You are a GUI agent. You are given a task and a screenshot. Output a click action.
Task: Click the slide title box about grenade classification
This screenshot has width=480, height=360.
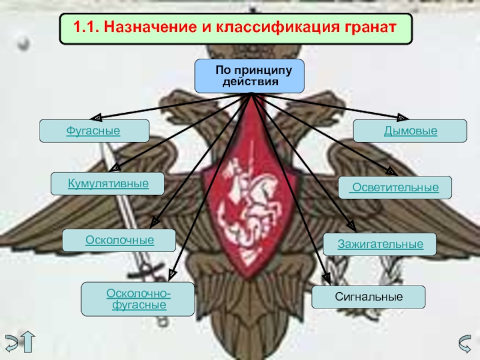(236, 28)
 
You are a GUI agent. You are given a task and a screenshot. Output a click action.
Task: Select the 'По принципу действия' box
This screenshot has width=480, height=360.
(249, 76)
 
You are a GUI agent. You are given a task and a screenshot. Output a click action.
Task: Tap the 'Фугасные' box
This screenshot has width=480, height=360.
(94, 131)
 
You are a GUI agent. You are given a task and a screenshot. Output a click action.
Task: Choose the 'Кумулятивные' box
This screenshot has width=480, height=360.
(108, 183)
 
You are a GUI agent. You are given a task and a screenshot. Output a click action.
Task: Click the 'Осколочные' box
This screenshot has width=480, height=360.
(119, 240)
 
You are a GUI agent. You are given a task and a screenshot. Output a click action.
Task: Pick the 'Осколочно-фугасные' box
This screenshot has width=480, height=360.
(137, 299)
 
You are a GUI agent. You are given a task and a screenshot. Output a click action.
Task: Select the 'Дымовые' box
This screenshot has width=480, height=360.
(410, 131)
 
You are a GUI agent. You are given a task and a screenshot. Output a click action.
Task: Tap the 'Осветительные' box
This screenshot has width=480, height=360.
(395, 188)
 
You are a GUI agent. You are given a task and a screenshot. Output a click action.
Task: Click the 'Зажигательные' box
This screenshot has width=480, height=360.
(380, 244)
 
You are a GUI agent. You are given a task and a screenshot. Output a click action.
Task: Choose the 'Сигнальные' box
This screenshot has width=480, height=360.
(368, 297)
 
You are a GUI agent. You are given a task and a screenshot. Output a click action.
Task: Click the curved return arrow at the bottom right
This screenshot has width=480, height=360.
(465, 343)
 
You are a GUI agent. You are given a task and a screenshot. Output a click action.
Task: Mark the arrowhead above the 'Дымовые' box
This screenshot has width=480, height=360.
(403, 118)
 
